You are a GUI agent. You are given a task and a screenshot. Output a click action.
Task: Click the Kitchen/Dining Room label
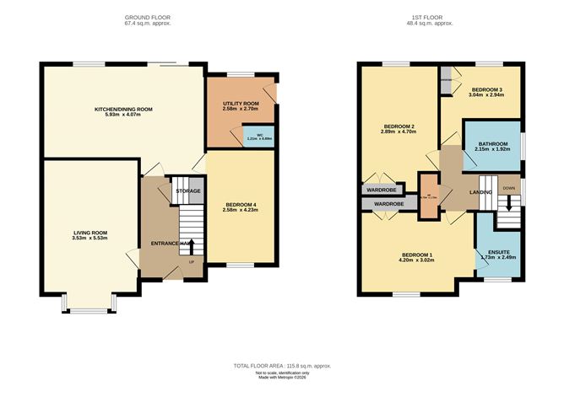tap(123, 109)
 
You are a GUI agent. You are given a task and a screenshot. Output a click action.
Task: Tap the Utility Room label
tap(240, 103)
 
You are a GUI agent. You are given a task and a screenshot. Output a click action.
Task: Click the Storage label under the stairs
tap(187, 191)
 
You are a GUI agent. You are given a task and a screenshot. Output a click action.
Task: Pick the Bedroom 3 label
tap(486, 89)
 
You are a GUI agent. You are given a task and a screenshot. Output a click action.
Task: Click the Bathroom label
tap(493, 144)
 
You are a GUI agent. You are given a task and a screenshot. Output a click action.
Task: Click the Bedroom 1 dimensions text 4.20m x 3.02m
tap(417, 261)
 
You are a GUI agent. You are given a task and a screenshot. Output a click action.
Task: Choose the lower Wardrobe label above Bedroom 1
tap(388, 204)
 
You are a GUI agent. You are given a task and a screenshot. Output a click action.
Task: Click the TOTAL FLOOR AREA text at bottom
tap(282, 366)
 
